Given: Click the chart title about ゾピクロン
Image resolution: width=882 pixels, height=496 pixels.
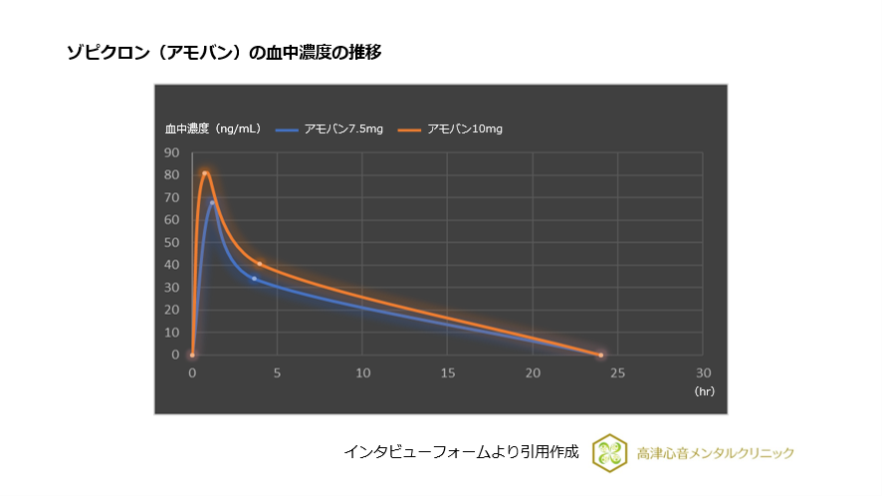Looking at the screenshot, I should pyautogui.click(x=223, y=53).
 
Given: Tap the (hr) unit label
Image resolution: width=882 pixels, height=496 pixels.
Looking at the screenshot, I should pyautogui.click(x=705, y=391).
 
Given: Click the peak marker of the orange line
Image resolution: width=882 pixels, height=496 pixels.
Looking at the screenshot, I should pyautogui.click(x=205, y=173).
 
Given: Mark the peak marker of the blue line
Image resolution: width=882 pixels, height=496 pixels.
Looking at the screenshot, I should pyautogui.click(x=212, y=203).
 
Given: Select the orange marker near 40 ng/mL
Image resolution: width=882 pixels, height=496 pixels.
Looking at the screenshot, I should pyautogui.click(x=260, y=264).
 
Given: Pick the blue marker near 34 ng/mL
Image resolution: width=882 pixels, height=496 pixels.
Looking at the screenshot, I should pyautogui.click(x=254, y=279).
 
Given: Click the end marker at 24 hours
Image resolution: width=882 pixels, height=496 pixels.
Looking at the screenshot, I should pyautogui.click(x=601, y=355).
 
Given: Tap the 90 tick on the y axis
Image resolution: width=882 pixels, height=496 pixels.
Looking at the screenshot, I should pyautogui.click(x=172, y=153).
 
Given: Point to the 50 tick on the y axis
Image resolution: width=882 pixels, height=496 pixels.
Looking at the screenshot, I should pyautogui.click(x=172, y=243).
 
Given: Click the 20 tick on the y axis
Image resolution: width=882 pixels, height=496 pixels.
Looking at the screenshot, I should pyautogui.click(x=172, y=310).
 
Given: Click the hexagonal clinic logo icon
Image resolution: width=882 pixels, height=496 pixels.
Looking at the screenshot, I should pyautogui.click(x=608, y=452).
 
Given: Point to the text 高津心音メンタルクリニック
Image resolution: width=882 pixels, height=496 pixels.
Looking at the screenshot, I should pyautogui.click(x=715, y=453).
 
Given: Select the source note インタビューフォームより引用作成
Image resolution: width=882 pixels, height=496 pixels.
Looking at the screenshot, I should pyautogui.click(x=461, y=451).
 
